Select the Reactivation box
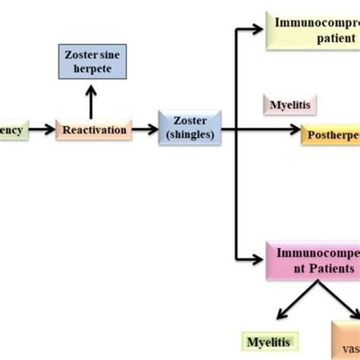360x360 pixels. (x=93, y=130)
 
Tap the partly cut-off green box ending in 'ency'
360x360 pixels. (x=14, y=130)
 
